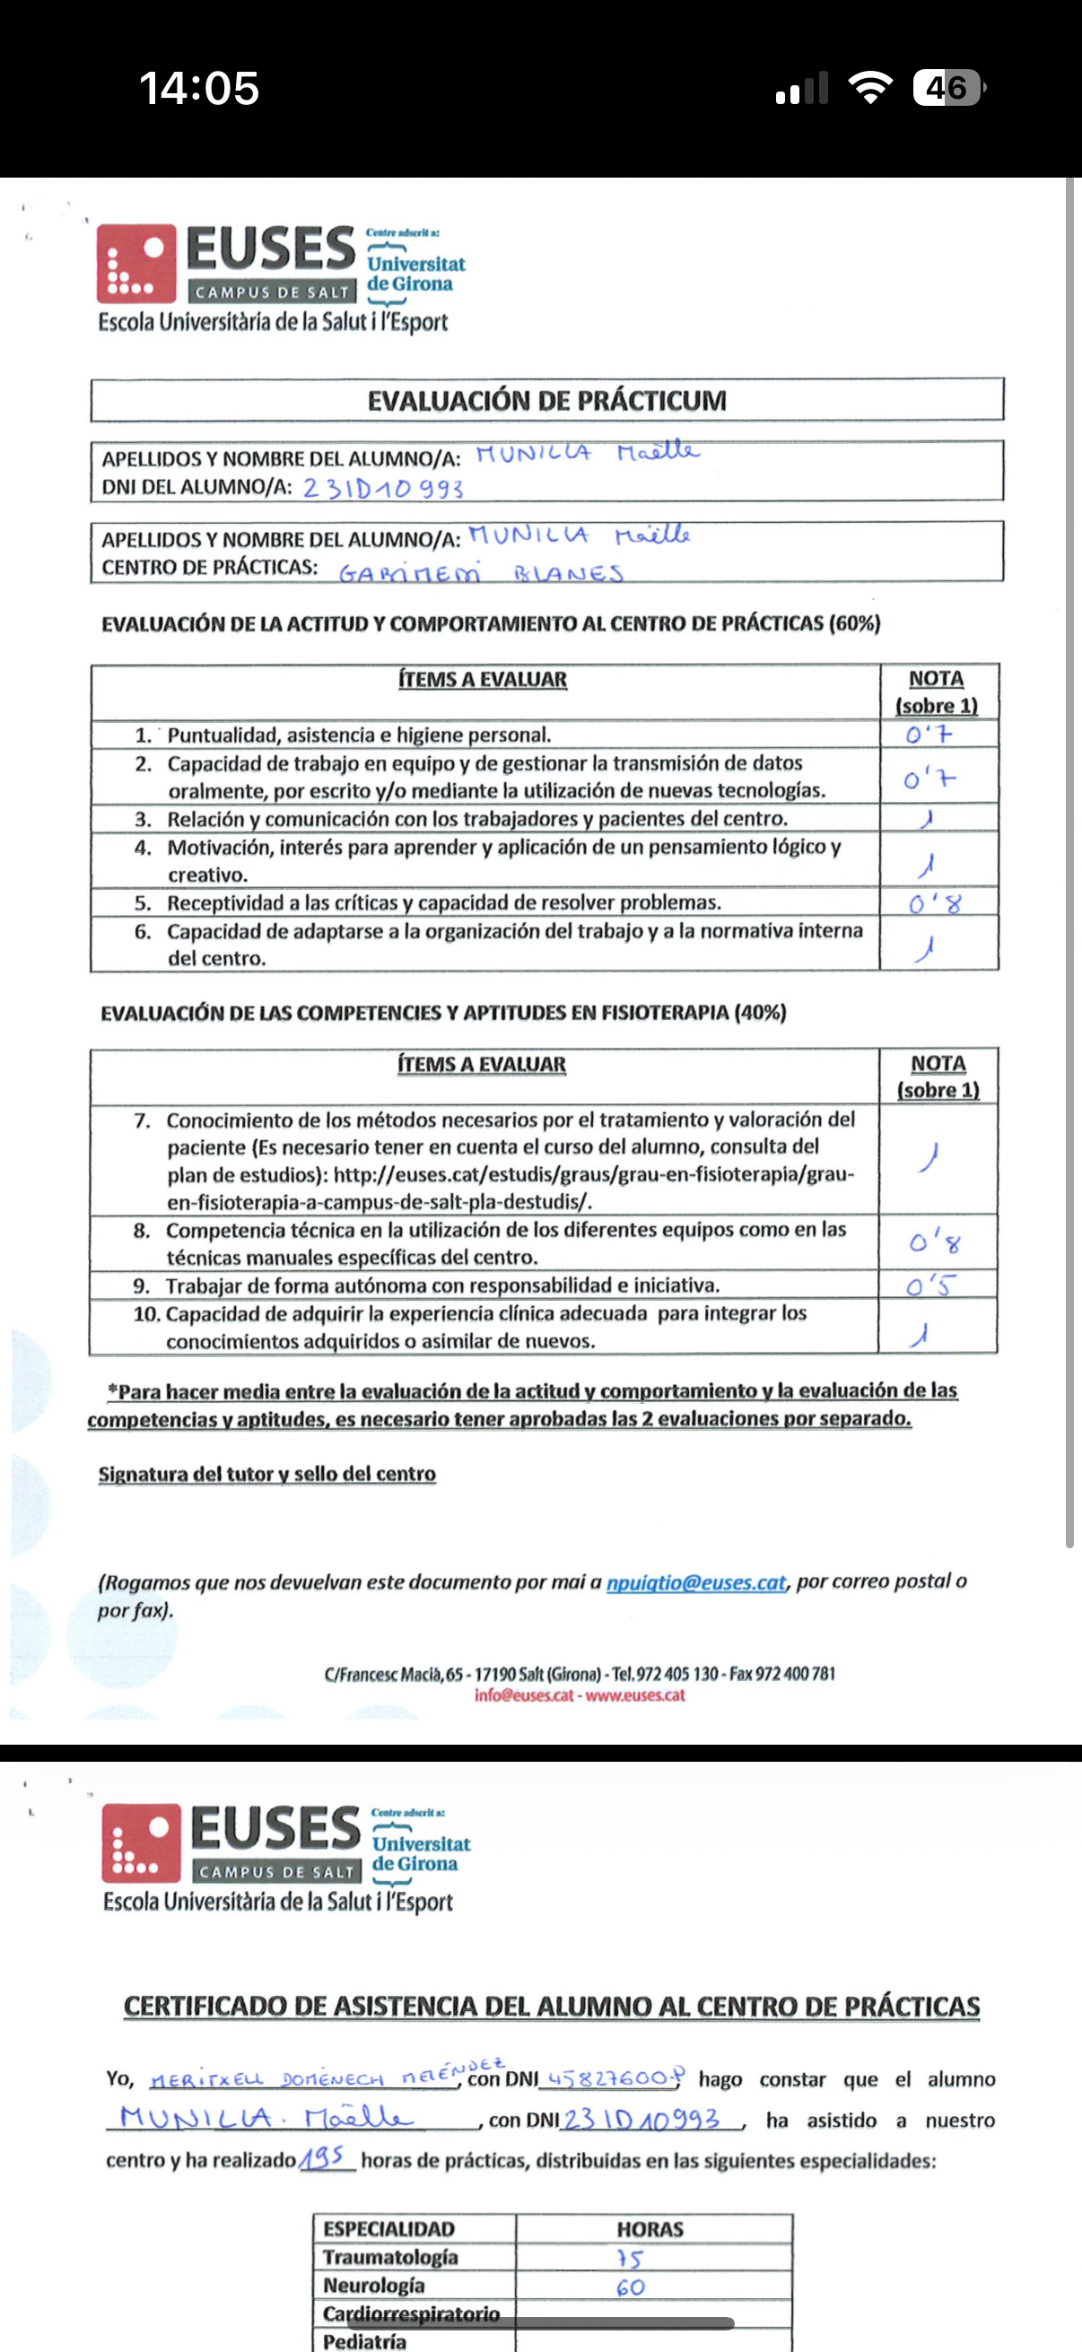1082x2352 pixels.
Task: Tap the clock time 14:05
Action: point(199,89)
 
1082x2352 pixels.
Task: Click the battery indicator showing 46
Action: point(948,89)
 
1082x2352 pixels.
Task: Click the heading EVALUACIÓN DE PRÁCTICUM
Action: point(547,401)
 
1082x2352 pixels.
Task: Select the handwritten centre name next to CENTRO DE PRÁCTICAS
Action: point(481,573)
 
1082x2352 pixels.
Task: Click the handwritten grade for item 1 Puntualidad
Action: point(929,734)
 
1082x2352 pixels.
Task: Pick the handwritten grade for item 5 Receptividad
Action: point(934,904)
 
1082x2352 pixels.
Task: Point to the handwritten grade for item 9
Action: point(929,1285)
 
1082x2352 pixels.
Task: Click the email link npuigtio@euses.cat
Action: point(696,1582)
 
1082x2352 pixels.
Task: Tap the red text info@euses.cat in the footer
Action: point(524,1695)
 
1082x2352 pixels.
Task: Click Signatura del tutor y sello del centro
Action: point(266,1474)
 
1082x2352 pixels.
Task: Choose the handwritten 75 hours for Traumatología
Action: point(630,2258)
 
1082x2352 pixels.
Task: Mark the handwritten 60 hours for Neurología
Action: point(630,2287)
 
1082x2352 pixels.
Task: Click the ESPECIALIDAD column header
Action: point(388,2229)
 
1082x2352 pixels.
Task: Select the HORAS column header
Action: point(650,2229)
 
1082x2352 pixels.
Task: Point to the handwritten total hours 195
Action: point(324,2158)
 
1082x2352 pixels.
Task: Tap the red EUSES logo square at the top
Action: point(136,263)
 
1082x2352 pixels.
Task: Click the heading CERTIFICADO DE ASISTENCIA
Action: point(552,2006)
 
